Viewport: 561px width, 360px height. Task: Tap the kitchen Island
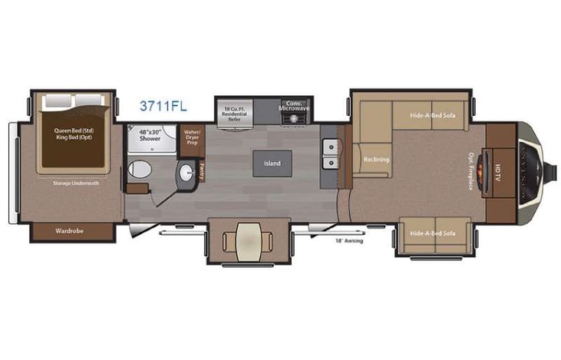coord(272,163)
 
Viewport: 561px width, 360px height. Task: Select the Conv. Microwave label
coord(292,106)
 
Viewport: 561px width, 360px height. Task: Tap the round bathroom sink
coord(186,172)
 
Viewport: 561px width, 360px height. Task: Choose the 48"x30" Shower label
coord(150,136)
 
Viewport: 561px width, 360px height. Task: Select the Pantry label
coord(202,170)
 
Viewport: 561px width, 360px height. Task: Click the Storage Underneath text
coord(73,183)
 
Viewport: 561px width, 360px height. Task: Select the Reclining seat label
coord(376,160)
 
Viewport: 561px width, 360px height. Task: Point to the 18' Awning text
coord(348,241)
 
